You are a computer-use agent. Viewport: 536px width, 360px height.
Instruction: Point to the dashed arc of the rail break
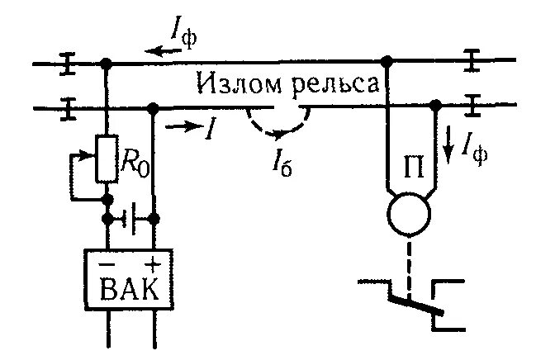[277, 130]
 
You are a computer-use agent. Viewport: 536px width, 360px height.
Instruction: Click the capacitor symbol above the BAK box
[130, 219]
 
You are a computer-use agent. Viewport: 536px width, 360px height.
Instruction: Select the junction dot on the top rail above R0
[107, 62]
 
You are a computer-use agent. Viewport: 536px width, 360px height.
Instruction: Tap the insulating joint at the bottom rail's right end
[472, 105]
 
